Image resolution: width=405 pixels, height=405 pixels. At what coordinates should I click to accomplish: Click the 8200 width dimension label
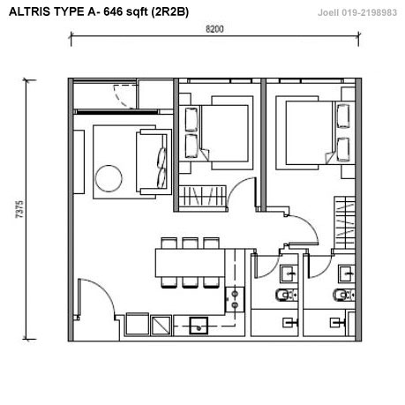pos(214,29)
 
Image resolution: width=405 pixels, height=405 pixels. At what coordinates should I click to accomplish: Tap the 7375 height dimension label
pos(19,209)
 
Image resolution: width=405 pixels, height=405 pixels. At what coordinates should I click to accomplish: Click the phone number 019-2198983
pos(369,12)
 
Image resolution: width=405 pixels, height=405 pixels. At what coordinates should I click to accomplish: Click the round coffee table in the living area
pos(109,178)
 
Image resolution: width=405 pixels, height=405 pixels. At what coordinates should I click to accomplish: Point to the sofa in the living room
pos(154,161)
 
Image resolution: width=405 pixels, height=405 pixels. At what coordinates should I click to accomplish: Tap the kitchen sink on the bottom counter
pos(199,326)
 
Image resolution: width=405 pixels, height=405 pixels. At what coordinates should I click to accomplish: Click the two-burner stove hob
pos(235,300)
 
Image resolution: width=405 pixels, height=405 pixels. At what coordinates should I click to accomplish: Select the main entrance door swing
pos(97,298)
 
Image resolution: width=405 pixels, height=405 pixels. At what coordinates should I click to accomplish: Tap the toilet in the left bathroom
pos(285,295)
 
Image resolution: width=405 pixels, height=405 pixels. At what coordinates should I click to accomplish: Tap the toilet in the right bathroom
pos(343,295)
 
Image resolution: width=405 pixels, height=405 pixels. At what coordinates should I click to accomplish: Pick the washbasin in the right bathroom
pos(347,274)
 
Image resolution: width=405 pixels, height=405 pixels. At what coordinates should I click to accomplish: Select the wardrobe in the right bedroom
pos(345,223)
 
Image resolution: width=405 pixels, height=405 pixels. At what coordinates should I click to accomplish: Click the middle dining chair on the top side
pos(190,243)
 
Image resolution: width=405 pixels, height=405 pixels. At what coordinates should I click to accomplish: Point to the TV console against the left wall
pos(79,162)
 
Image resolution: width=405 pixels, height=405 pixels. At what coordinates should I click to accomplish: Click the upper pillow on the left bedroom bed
pos(191,119)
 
